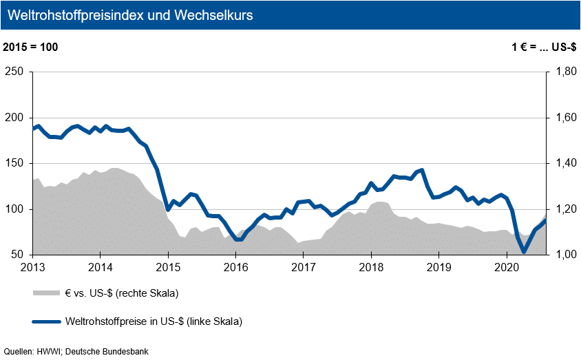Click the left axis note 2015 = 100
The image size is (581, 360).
31,47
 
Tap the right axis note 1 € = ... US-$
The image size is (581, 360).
542,47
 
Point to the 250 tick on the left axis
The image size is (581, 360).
16,72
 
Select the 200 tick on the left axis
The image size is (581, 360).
16,118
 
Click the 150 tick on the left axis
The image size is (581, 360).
16,164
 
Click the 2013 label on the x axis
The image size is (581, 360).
33,267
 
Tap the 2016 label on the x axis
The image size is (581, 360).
236,267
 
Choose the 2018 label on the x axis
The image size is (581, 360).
371,267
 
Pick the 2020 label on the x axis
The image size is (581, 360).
507,267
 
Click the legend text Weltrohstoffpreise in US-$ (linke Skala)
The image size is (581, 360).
154,321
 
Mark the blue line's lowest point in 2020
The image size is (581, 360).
524,252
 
